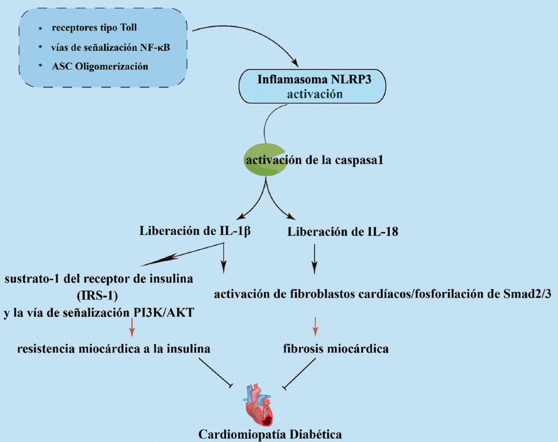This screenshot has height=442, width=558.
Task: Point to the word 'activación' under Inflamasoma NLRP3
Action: (300, 95)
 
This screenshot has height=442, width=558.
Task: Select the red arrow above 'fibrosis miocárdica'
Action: (315, 326)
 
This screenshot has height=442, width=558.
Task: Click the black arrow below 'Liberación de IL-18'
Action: (315, 260)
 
